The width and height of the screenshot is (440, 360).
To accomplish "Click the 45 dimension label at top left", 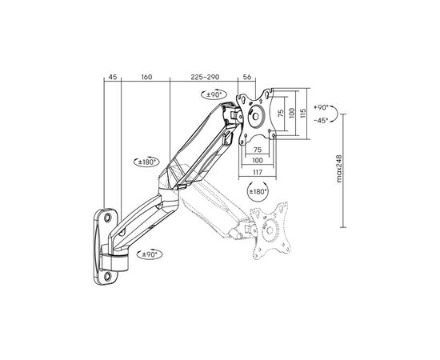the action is tap(113, 77).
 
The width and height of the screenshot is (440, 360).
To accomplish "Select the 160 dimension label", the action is tap(146, 77).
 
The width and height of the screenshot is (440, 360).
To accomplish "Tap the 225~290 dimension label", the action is tap(205, 77).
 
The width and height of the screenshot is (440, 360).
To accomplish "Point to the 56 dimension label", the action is tap(247, 77).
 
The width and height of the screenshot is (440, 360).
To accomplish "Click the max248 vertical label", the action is tap(339, 168).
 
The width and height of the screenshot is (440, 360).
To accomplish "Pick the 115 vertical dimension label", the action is tap(302, 113).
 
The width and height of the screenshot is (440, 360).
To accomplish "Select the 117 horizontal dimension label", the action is tap(258, 172).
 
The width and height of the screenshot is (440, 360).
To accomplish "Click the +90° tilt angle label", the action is tap(321, 107).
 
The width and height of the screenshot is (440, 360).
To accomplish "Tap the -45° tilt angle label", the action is tap(321, 120).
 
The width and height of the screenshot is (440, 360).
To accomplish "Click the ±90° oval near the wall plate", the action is tap(150, 254).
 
